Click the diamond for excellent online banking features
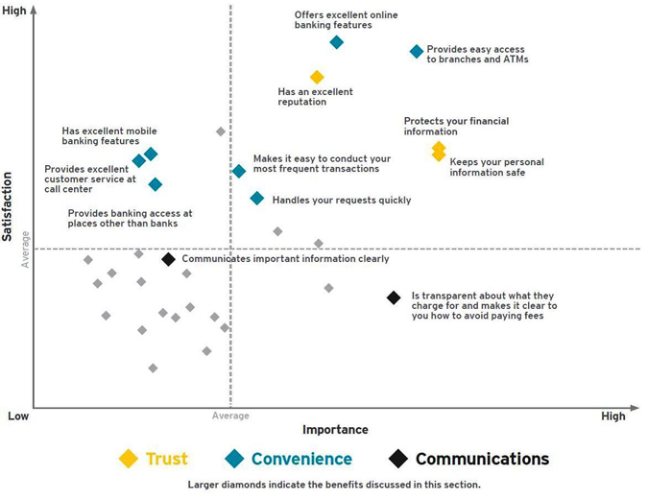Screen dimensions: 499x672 coord(336,42)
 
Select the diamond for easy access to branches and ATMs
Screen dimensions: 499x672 coord(417,52)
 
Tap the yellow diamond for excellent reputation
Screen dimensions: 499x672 coord(317,77)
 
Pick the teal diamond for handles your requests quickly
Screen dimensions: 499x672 coord(257,199)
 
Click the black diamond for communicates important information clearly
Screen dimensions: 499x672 coord(168,259)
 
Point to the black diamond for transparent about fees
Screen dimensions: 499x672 coord(394,297)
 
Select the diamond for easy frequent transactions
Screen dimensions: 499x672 coord(239,172)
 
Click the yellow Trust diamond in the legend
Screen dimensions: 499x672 coord(128,459)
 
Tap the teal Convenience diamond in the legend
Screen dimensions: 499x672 coord(234,459)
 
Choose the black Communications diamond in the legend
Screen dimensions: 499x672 coord(397,459)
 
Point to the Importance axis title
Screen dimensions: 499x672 coord(335,430)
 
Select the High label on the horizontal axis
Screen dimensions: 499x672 coord(612,416)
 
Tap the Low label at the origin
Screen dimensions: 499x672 coord(18,416)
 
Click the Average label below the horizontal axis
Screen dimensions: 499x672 coord(230,416)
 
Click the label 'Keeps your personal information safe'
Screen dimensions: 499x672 coord(496,168)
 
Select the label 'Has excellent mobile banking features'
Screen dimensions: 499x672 coord(108,136)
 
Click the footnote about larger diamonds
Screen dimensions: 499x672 coord(334,485)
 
